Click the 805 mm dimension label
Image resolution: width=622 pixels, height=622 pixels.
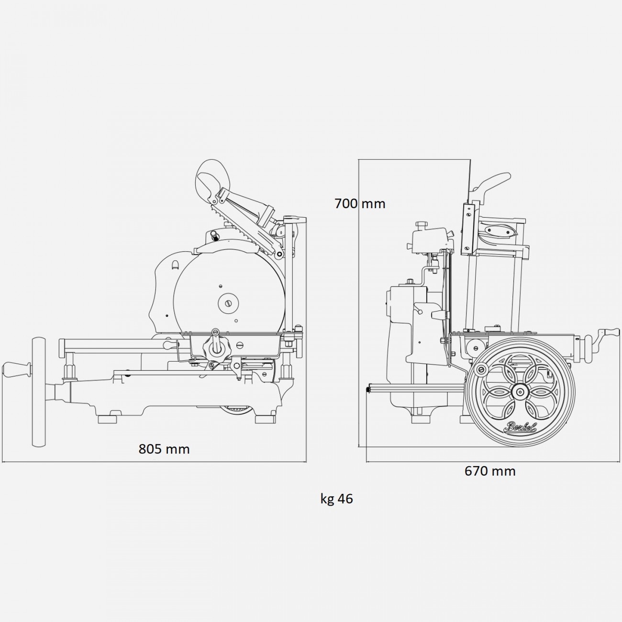click(164, 449)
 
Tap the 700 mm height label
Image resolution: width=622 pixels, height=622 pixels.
click(360, 204)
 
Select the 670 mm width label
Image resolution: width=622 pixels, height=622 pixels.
click(490, 471)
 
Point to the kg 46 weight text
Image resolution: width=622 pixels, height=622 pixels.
click(336, 499)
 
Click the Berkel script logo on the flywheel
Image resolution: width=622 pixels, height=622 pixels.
click(519, 427)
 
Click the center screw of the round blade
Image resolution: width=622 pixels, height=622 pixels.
click(228, 302)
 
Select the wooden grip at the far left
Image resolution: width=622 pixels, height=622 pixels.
click(17, 370)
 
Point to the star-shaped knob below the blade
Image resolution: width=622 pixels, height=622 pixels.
click(216, 348)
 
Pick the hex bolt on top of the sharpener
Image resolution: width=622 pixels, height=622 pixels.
click(421, 224)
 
